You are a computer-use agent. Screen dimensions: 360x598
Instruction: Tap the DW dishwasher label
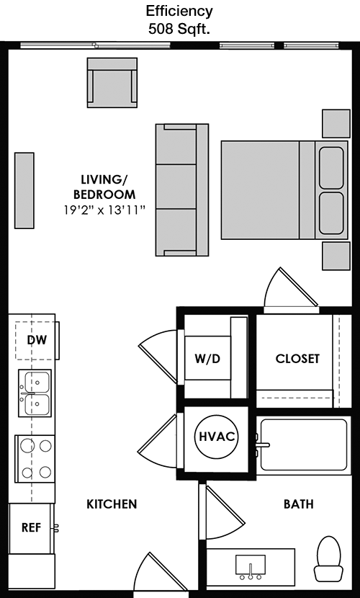click(37, 340)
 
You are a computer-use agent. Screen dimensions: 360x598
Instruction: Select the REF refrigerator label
click(31, 527)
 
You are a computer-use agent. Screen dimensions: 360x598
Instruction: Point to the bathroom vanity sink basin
click(251, 567)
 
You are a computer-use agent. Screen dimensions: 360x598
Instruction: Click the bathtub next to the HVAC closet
click(303, 445)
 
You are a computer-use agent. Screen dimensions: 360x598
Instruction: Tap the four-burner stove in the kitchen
click(35, 459)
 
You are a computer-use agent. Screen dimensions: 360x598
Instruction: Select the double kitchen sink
click(35, 393)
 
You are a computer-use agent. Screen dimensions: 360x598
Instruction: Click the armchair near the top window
click(112, 82)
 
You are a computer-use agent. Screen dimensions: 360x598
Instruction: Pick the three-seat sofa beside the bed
click(181, 189)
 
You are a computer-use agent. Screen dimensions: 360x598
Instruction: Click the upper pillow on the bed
click(331, 168)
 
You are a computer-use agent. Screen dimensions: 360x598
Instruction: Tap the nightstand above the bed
click(336, 124)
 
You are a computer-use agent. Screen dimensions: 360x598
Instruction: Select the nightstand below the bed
click(336, 256)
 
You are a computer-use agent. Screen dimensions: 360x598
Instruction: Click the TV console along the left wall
click(24, 190)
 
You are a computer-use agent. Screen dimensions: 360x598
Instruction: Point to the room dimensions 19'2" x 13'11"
click(105, 210)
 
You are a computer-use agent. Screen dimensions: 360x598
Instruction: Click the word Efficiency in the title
click(179, 11)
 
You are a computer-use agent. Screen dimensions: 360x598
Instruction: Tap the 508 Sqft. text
click(179, 30)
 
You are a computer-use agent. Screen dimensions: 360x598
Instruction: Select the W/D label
click(207, 359)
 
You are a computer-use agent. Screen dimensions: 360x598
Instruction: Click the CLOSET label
click(297, 359)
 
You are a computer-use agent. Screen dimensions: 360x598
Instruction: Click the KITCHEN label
click(112, 504)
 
